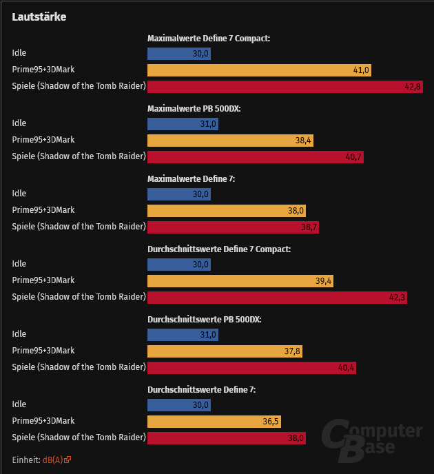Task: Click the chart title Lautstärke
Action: (39, 17)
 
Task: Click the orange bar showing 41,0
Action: (260, 70)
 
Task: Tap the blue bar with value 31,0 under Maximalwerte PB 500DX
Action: (183, 123)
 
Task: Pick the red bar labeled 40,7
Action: (256, 156)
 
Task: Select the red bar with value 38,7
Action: (234, 227)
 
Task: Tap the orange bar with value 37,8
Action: (225, 351)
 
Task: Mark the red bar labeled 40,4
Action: (252, 367)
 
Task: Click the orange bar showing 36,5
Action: (214, 421)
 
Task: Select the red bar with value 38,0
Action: (227, 437)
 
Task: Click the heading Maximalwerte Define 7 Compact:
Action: (209, 39)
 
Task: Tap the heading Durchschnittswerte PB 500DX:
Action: (204, 320)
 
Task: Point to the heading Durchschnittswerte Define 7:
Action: (201, 390)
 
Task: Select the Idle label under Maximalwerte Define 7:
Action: (19, 194)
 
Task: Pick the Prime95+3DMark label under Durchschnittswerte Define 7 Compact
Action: (43, 280)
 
